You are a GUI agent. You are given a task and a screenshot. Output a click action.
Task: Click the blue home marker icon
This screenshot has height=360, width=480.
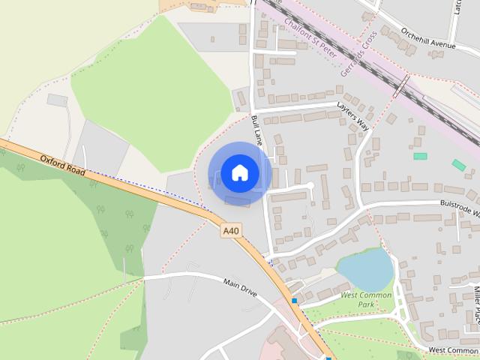[x=239, y=172]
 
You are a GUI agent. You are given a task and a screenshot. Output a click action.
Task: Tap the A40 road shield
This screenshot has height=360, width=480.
[x=231, y=232]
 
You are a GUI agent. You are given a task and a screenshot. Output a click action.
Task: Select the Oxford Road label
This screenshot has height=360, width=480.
[x=64, y=165]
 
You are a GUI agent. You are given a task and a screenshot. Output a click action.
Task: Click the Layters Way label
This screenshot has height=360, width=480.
[x=353, y=115]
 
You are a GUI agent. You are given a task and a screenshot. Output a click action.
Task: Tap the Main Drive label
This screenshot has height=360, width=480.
[x=241, y=286]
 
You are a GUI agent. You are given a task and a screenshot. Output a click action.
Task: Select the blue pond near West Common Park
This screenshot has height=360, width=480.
[x=365, y=269]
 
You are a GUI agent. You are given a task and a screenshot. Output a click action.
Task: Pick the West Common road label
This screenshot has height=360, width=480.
[x=453, y=350]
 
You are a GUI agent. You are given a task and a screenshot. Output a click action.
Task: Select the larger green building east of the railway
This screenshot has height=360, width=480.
[x=458, y=164]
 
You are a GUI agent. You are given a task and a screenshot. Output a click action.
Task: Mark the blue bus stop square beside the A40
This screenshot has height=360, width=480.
[x=295, y=301]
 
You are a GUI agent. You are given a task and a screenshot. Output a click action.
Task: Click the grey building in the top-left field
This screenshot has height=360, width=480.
[x=57, y=100]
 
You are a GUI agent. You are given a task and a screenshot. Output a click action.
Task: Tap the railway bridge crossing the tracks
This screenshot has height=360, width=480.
[x=400, y=88]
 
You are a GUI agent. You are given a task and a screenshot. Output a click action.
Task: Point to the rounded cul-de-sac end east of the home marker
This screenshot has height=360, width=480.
[x=308, y=184]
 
